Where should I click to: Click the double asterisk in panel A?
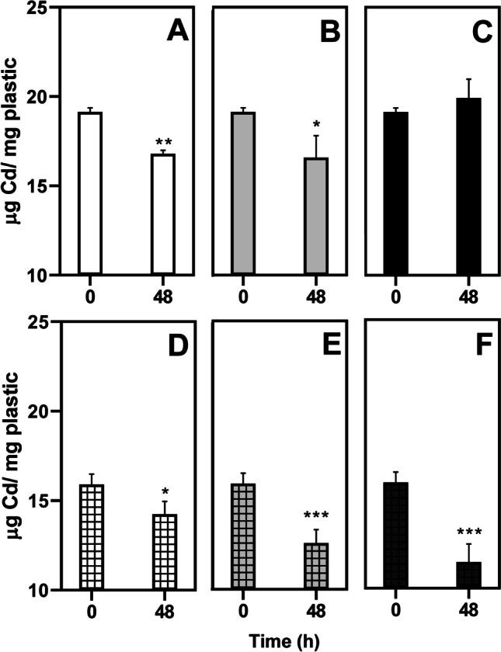(163, 142)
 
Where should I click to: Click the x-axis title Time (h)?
(280, 641)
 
